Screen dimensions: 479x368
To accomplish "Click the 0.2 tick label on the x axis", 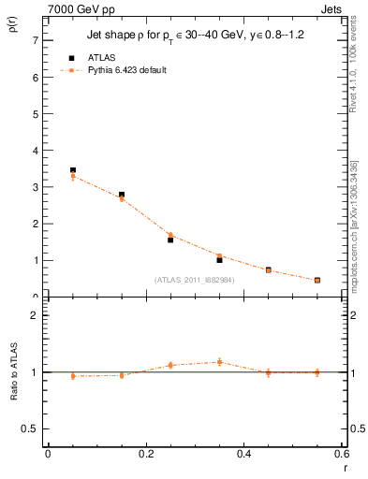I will click(145, 455).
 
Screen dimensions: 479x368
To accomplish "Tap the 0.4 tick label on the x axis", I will click(243, 455).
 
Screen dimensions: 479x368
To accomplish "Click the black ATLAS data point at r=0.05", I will click(73, 170).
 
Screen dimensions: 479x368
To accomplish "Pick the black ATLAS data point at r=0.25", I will click(170, 239).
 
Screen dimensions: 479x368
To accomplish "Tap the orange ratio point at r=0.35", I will click(219, 361).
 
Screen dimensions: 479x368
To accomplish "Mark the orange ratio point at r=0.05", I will click(73, 376).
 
